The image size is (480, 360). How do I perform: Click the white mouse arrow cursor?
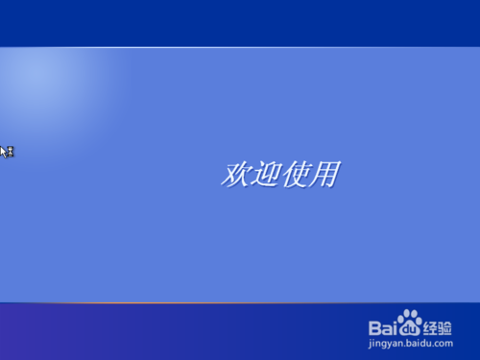[3, 151]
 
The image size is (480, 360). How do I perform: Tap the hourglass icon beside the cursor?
[11, 151]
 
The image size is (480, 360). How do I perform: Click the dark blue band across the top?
[240, 22]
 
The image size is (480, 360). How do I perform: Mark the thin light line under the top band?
[240, 46]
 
